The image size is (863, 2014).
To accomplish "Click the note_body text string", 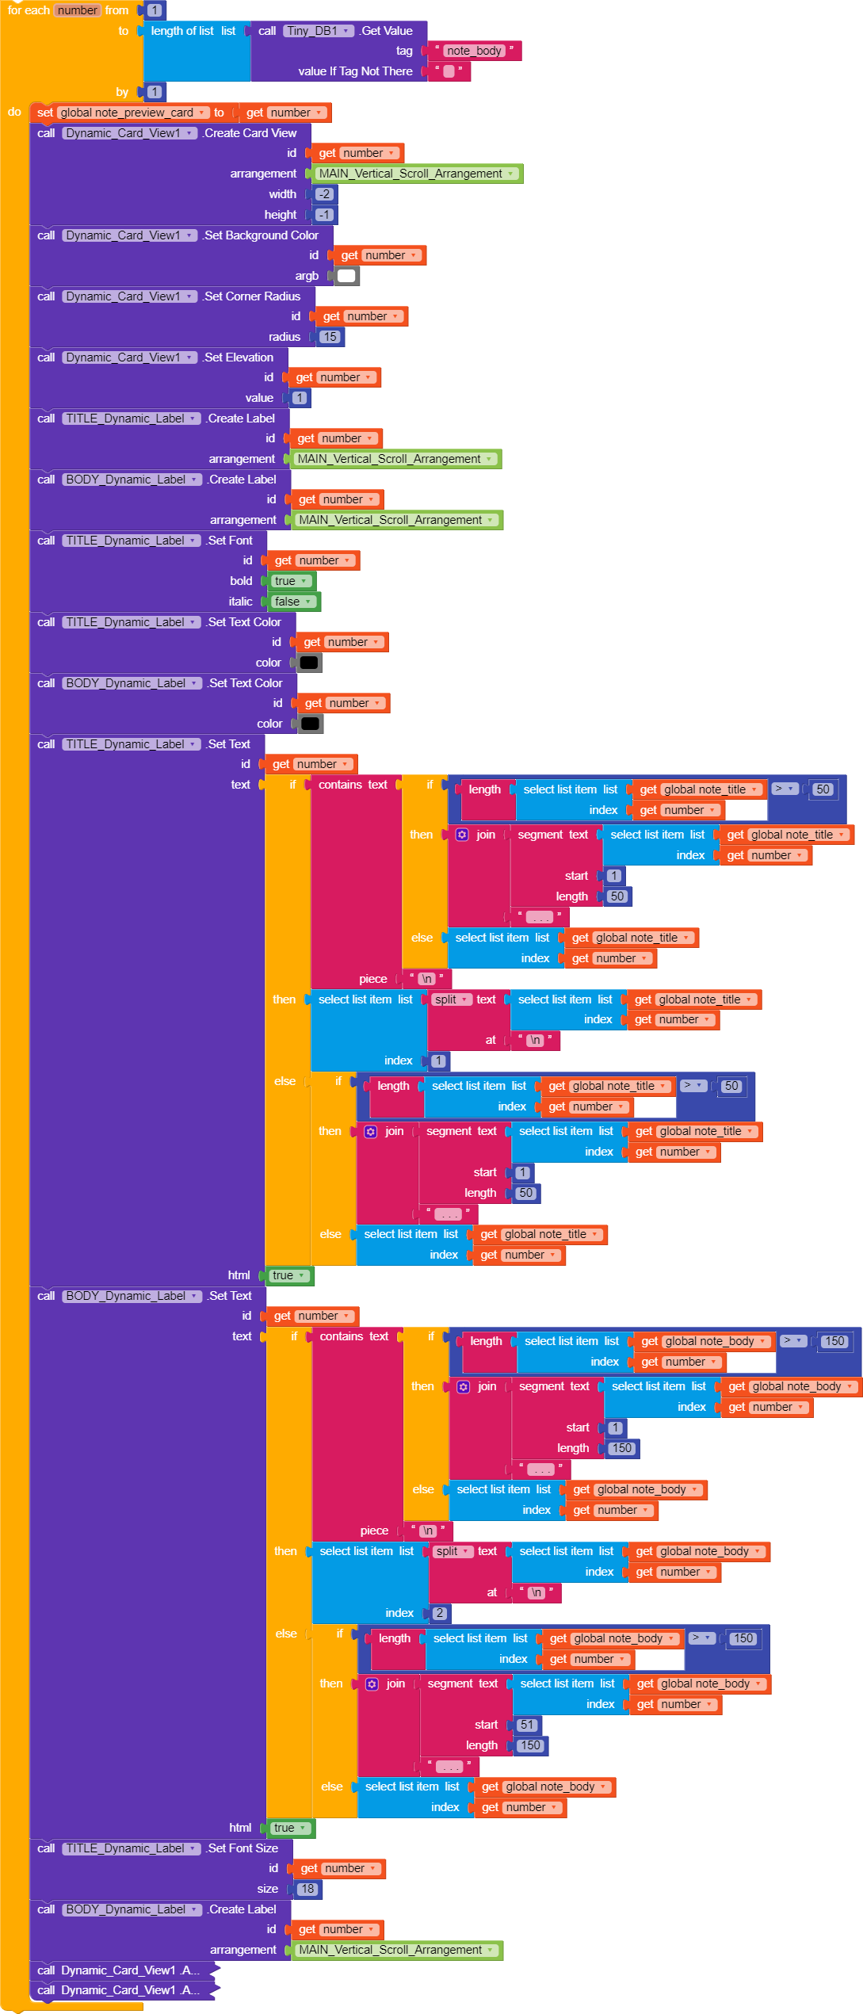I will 474,51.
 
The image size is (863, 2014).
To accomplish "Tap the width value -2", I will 324,194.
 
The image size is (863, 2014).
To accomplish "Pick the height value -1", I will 324,215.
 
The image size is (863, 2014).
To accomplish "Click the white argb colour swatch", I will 346,276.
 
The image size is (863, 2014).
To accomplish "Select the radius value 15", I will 330,337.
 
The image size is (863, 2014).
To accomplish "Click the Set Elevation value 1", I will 299,398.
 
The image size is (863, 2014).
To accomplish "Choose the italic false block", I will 292,602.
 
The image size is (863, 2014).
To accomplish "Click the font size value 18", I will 307,1889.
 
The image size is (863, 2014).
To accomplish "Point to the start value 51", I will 527,1725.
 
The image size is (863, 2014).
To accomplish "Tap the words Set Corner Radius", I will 252,296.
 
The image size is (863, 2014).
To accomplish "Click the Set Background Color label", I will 261,235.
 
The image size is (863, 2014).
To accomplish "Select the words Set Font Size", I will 242,1848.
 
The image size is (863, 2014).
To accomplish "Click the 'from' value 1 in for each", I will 155,10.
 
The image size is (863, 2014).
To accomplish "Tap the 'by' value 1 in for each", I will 155,92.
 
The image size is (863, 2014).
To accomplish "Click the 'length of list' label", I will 182,31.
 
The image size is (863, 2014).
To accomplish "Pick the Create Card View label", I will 250,133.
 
